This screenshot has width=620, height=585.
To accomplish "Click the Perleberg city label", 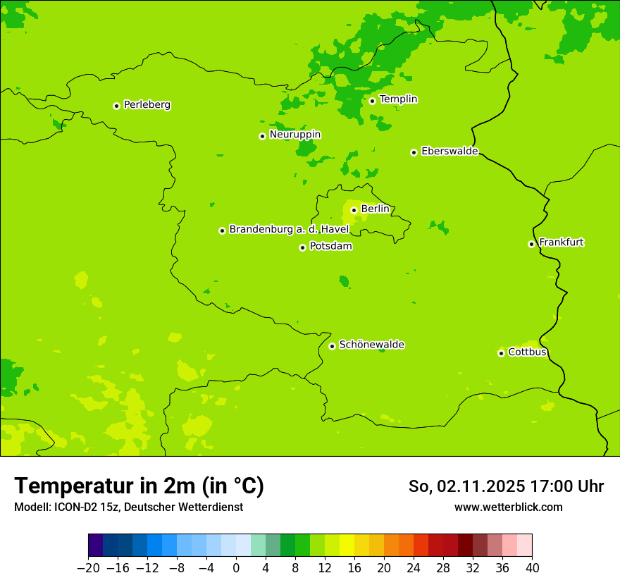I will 147,105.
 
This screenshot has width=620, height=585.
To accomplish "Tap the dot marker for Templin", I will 372,101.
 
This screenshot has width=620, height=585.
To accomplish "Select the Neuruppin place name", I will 294,135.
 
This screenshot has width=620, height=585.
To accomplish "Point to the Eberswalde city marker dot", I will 414,152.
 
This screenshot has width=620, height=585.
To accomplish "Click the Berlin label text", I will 375,209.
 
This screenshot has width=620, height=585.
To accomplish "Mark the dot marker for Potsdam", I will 302,247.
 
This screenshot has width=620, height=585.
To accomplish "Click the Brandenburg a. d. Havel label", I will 289,230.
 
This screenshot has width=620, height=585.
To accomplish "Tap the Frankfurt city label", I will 561,242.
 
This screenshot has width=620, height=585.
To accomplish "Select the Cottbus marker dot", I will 501,353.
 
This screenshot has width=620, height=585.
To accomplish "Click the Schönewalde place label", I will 371,345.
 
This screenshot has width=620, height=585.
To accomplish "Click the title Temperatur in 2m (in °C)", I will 139,486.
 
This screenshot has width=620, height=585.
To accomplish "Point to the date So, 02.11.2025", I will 466,486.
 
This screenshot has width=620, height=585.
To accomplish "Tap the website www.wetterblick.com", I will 508,507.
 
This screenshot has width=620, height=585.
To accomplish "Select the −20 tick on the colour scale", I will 88,567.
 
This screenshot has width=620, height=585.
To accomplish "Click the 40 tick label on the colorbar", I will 532,567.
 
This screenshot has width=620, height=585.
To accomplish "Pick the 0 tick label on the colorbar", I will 236,567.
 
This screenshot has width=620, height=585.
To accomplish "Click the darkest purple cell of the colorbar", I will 95,546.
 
